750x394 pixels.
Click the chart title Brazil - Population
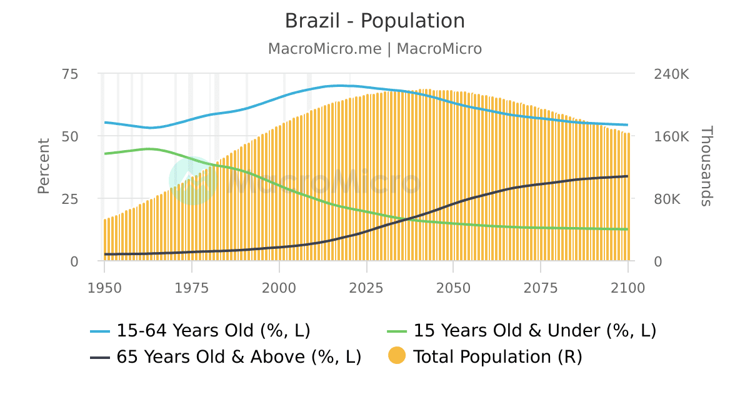click(x=375, y=21)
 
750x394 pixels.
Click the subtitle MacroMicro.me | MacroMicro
click(x=375, y=49)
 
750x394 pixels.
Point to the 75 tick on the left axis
click(x=70, y=74)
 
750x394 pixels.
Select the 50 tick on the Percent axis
click(x=70, y=136)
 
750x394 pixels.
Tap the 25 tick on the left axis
click(x=70, y=199)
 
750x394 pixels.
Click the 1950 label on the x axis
click(x=104, y=288)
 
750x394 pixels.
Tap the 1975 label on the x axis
click(x=191, y=288)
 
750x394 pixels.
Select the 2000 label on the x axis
click(x=279, y=288)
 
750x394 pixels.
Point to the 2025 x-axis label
click(x=366, y=288)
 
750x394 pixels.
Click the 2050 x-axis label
click(x=453, y=288)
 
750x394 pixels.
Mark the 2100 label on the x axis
click(x=627, y=288)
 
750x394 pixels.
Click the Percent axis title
click(x=43, y=166)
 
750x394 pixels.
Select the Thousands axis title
click(x=706, y=166)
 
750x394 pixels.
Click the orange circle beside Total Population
click(x=397, y=356)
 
